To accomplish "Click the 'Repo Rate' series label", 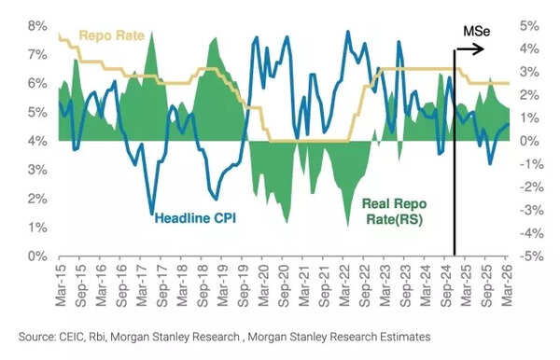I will tap(111, 36).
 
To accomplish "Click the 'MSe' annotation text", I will tap(477, 32).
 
